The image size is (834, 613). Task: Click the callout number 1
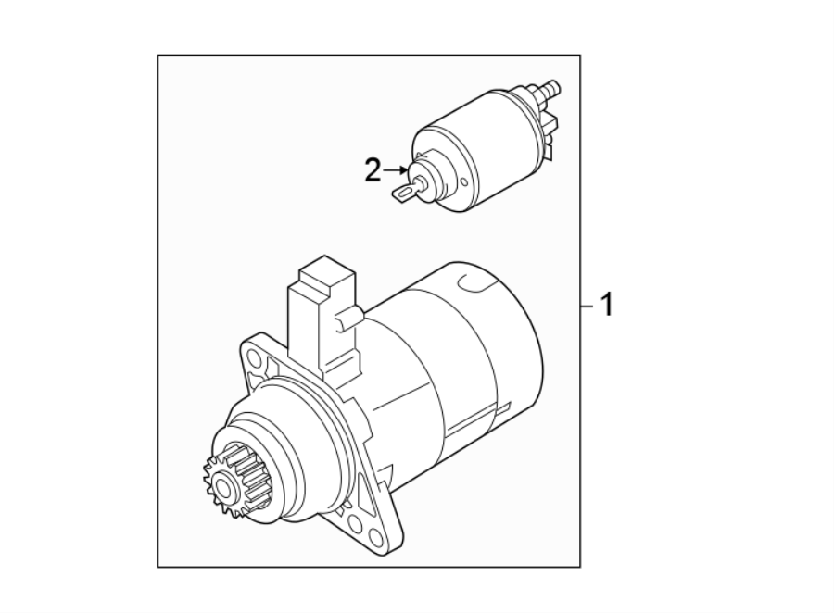point(607,304)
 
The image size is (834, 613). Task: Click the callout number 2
point(373,170)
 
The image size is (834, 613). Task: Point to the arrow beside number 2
point(397,170)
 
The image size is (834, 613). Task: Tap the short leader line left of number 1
point(589,305)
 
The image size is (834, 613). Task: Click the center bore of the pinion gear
point(223,484)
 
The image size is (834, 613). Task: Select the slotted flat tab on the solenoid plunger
point(404,192)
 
